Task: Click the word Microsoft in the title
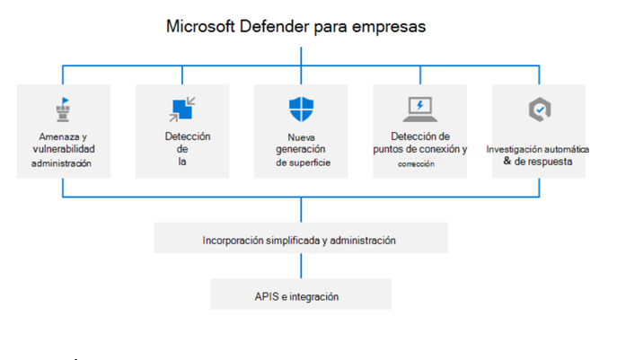click(x=200, y=26)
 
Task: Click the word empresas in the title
click(x=389, y=27)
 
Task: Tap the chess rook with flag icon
click(x=63, y=110)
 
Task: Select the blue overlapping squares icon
click(x=182, y=109)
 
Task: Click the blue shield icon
click(x=301, y=109)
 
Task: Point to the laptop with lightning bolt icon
click(x=419, y=110)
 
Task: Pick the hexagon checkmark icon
click(x=540, y=109)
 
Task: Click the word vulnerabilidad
click(x=64, y=149)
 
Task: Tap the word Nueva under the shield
click(x=301, y=137)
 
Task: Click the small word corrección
click(x=416, y=164)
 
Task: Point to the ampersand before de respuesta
click(x=507, y=161)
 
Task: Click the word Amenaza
click(x=59, y=136)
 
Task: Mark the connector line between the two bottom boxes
click(x=301, y=266)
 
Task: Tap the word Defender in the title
click(x=274, y=26)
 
